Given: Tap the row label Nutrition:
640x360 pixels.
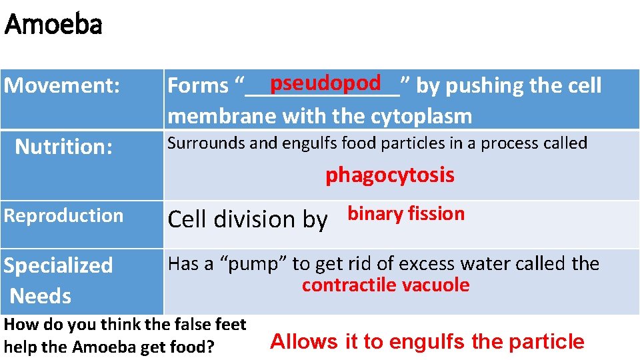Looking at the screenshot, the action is tap(63, 146).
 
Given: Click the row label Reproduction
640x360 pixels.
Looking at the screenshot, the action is tap(64, 215).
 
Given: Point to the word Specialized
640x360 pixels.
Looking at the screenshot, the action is tap(59, 265).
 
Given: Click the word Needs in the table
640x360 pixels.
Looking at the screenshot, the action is tap(41, 295).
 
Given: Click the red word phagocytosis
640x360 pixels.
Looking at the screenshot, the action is tap(390, 175).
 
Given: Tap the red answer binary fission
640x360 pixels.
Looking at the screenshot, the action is tap(406, 214).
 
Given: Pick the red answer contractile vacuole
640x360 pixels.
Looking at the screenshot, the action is tap(385, 286).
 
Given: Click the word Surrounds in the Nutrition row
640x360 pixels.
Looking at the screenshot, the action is tap(199, 143).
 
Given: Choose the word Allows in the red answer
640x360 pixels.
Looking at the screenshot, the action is tap(304, 341).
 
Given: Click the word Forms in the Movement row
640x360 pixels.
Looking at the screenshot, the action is tap(198, 86).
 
